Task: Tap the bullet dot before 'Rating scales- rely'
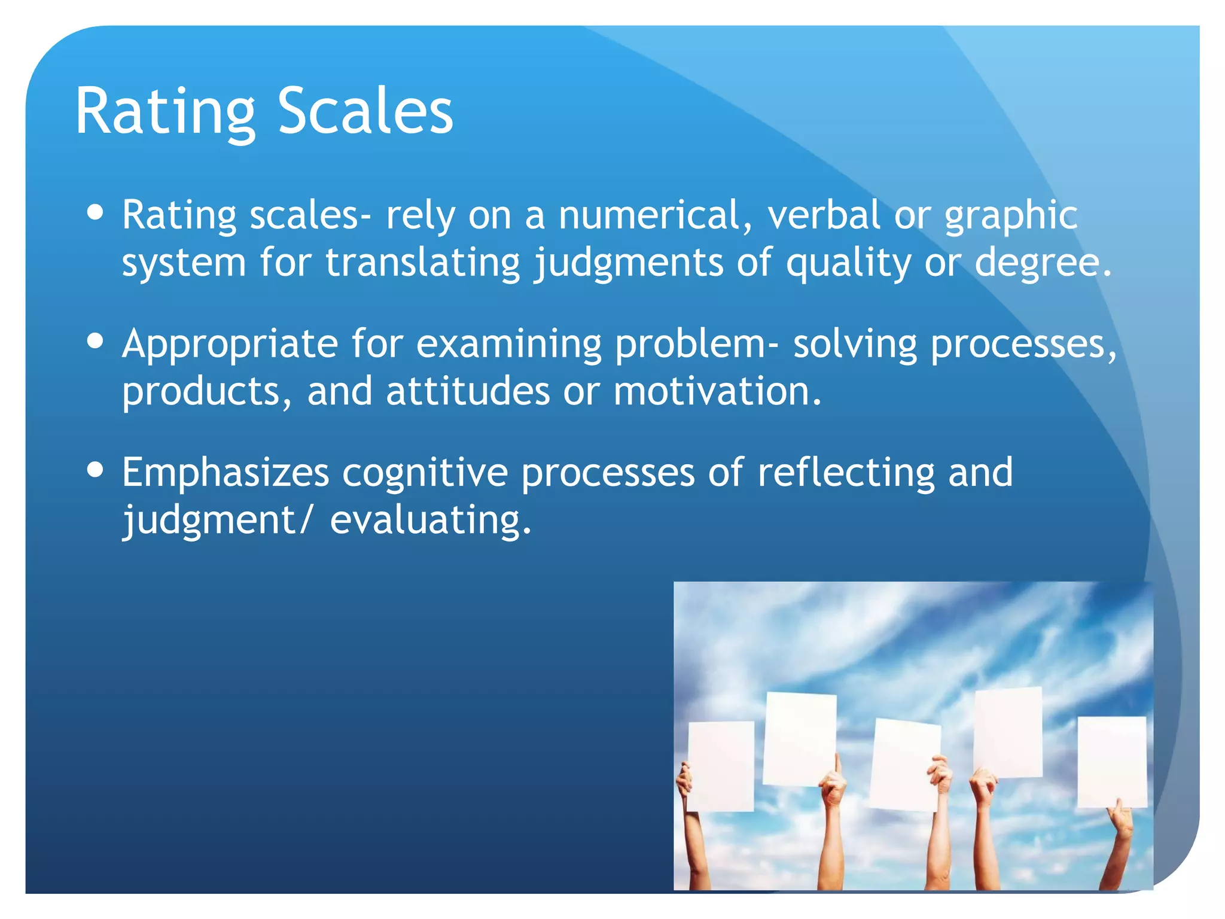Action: click(95, 212)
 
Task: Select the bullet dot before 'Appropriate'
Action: click(95, 341)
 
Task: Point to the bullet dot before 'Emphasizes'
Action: click(95, 470)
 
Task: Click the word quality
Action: click(848, 263)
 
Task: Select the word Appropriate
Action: click(230, 345)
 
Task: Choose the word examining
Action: click(509, 344)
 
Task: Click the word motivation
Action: click(717, 391)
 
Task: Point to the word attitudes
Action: click(468, 391)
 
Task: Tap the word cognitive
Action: click(425, 473)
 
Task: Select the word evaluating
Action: click(430, 520)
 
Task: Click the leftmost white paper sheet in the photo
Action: click(721, 766)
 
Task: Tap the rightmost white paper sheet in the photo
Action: click(1112, 761)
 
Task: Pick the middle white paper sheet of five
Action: click(904, 764)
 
